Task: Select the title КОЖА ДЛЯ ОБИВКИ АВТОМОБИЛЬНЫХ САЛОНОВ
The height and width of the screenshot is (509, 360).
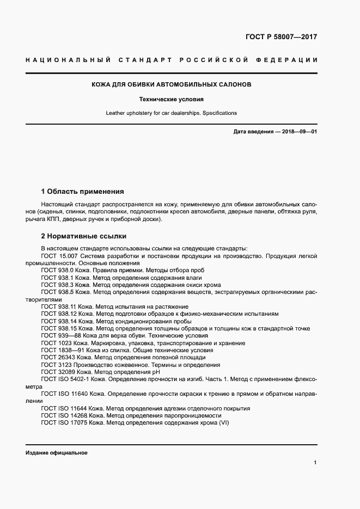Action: (171, 85)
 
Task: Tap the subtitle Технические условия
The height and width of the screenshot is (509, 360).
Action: (171, 100)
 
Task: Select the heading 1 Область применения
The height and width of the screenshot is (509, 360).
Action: (83, 192)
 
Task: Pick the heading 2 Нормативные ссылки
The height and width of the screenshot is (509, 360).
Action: (84, 236)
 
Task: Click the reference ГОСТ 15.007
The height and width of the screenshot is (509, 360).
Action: (60, 255)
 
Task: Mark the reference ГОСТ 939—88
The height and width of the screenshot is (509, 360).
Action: (61, 336)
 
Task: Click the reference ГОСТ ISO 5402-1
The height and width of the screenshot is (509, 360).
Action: (68, 379)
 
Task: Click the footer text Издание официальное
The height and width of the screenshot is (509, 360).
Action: (56, 453)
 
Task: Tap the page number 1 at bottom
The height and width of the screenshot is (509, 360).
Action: (315, 463)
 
